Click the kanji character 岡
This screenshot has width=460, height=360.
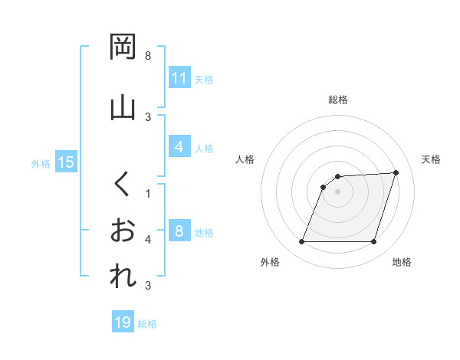click(x=123, y=48)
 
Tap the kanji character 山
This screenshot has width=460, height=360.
click(x=123, y=107)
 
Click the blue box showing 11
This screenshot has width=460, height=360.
click(x=179, y=78)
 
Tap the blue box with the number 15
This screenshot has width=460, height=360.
click(x=65, y=162)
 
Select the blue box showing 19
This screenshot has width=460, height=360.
click(x=123, y=323)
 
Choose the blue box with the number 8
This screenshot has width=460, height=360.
click(x=179, y=231)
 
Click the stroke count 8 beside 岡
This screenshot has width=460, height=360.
click(x=148, y=56)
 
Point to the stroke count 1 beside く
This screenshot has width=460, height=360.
click(x=148, y=193)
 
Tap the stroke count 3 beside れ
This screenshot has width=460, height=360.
click(x=148, y=286)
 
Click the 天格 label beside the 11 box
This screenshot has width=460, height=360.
click(x=204, y=79)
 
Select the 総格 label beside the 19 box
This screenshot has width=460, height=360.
click(x=147, y=324)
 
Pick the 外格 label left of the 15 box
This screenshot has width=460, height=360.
click(x=41, y=163)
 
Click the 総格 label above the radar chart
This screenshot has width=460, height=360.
click(x=338, y=100)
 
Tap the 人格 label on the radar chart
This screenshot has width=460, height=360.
click(x=245, y=159)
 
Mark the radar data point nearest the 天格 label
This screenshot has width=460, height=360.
click(x=396, y=172)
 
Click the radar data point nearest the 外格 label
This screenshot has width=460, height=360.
click(x=301, y=242)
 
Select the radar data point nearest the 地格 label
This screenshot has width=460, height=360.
click(x=373, y=242)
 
